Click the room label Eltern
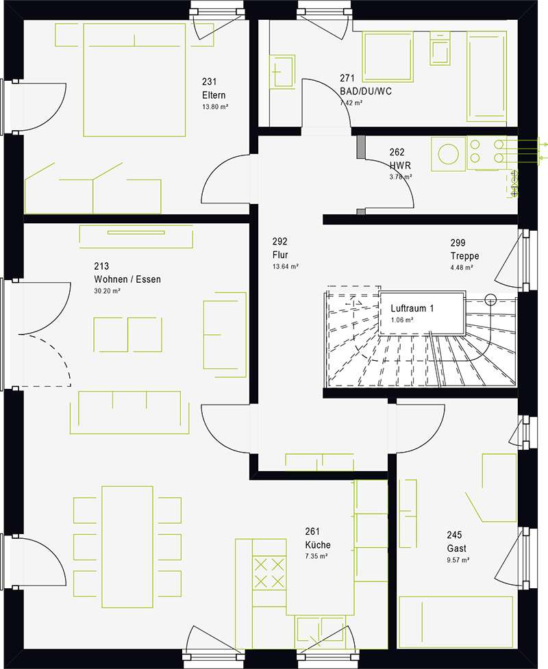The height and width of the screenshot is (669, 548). tap(214, 95)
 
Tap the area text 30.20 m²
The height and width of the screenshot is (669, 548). tap(107, 291)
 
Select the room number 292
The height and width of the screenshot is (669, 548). tap(280, 242)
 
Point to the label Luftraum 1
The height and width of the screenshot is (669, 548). tap(412, 308)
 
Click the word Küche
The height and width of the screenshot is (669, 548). tap(318, 545)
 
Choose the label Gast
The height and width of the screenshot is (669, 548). tap(456, 548)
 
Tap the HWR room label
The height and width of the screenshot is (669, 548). tap(400, 165)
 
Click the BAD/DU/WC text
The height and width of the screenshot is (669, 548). tap(365, 91)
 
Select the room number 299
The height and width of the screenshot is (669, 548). tap(458, 243)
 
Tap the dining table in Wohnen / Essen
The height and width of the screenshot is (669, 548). tap(127, 546)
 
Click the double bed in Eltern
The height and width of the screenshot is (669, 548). tap(134, 80)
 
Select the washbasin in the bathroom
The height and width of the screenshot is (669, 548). tap(282, 71)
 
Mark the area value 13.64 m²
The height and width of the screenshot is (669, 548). tap(285, 266)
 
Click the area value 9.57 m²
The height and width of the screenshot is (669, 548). tap(458, 559)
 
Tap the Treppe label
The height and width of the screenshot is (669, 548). tap(465, 256)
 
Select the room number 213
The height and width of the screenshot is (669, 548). tap(101, 266)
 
